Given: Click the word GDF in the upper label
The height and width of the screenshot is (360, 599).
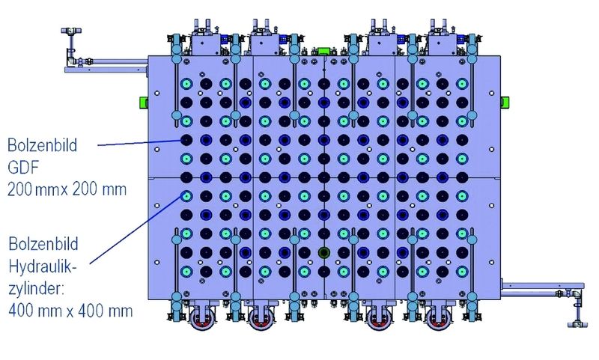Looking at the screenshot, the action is (x=23, y=167).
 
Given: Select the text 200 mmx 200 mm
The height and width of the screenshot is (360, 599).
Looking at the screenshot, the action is (x=67, y=189).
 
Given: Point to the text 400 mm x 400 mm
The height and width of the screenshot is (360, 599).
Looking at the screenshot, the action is (x=70, y=311).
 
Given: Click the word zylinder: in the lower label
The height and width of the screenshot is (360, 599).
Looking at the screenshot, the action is (x=36, y=290).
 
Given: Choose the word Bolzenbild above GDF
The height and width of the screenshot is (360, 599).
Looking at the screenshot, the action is (x=43, y=145).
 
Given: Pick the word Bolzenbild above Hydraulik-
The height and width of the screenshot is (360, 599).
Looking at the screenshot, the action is (x=43, y=244).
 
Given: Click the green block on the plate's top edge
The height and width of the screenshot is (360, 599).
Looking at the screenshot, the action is (x=323, y=51).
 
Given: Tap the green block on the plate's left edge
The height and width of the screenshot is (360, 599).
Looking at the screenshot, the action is (x=143, y=102).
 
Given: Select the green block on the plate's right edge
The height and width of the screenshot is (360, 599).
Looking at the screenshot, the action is (x=505, y=102).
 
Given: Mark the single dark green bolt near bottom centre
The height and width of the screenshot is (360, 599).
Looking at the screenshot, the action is (x=323, y=252).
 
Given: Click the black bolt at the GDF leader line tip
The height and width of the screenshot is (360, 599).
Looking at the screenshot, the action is (x=186, y=140).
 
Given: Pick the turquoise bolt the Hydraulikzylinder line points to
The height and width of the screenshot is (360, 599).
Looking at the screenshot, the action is (x=186, y=196).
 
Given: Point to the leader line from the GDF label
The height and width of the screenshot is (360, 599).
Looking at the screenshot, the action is (x=139, y=143).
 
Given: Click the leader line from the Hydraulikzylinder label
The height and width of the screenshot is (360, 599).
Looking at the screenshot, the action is (x=136, y=229).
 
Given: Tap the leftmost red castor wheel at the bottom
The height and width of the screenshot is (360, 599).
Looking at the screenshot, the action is (x=202, y=319).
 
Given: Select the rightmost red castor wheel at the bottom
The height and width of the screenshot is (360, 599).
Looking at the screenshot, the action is (x=439, y=319).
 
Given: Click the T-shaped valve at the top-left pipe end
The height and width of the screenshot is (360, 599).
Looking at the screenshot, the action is (x=70, y=31).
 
